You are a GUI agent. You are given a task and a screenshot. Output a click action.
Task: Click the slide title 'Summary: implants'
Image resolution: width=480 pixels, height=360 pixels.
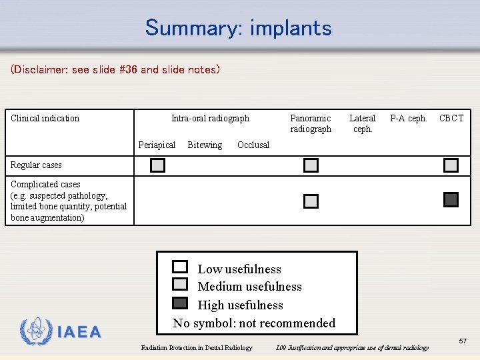click(x=238, y=28)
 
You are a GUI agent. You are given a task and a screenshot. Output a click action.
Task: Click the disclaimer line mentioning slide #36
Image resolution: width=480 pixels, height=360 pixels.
click(x=115, y=69)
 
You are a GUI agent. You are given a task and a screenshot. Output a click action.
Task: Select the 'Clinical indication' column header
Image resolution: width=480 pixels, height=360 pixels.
click(x=45, y=119)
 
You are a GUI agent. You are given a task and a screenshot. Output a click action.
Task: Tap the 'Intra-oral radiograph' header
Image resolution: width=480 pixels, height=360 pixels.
click(x=210, y=119)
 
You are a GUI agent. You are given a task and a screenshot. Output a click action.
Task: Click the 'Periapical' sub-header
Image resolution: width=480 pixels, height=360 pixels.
click(x=157, y=145)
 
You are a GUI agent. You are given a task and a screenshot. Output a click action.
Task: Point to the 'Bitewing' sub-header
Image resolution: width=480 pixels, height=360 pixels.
click(x=205, y=145)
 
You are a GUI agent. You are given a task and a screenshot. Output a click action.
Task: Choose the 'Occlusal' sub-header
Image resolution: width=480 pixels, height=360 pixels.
click(x=253, y=145)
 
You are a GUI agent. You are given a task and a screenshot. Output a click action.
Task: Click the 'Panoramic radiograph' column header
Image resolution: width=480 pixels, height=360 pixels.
click(x=311, y=123)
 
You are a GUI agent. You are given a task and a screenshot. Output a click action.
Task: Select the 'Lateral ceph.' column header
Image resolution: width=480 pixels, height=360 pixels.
click(x=363, y=123)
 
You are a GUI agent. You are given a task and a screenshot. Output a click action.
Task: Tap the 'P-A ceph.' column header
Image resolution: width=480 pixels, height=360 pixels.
click(x=408, y=119)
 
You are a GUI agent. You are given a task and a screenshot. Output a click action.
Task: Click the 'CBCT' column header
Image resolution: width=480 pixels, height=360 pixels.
click(x=451, y=119)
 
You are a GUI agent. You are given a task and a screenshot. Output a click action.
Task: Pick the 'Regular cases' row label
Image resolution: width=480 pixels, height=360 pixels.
click(x=36, y=165)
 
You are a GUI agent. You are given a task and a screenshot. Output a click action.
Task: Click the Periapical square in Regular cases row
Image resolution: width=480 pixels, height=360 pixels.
click(x=157, y=165)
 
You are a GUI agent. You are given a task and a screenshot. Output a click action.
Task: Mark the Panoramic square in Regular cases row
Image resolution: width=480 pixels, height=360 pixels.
click(x=311, y=165)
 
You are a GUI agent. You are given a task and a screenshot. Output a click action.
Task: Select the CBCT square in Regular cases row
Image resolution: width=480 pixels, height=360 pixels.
click(x=451, y=165)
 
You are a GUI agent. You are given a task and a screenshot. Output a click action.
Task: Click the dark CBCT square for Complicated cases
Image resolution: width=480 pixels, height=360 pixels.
click(x=451, y=199)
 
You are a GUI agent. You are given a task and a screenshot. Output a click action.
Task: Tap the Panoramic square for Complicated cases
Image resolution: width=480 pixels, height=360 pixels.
click(x=311, y=201)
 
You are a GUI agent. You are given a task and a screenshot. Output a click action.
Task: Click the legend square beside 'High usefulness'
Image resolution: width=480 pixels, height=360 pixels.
click(x=180, y=303)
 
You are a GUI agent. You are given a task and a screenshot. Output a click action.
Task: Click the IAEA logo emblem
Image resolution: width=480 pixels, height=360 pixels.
click(x=36, y=331)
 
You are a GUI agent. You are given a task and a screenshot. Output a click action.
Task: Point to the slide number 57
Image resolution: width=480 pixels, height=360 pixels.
click(x=463, y=341)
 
